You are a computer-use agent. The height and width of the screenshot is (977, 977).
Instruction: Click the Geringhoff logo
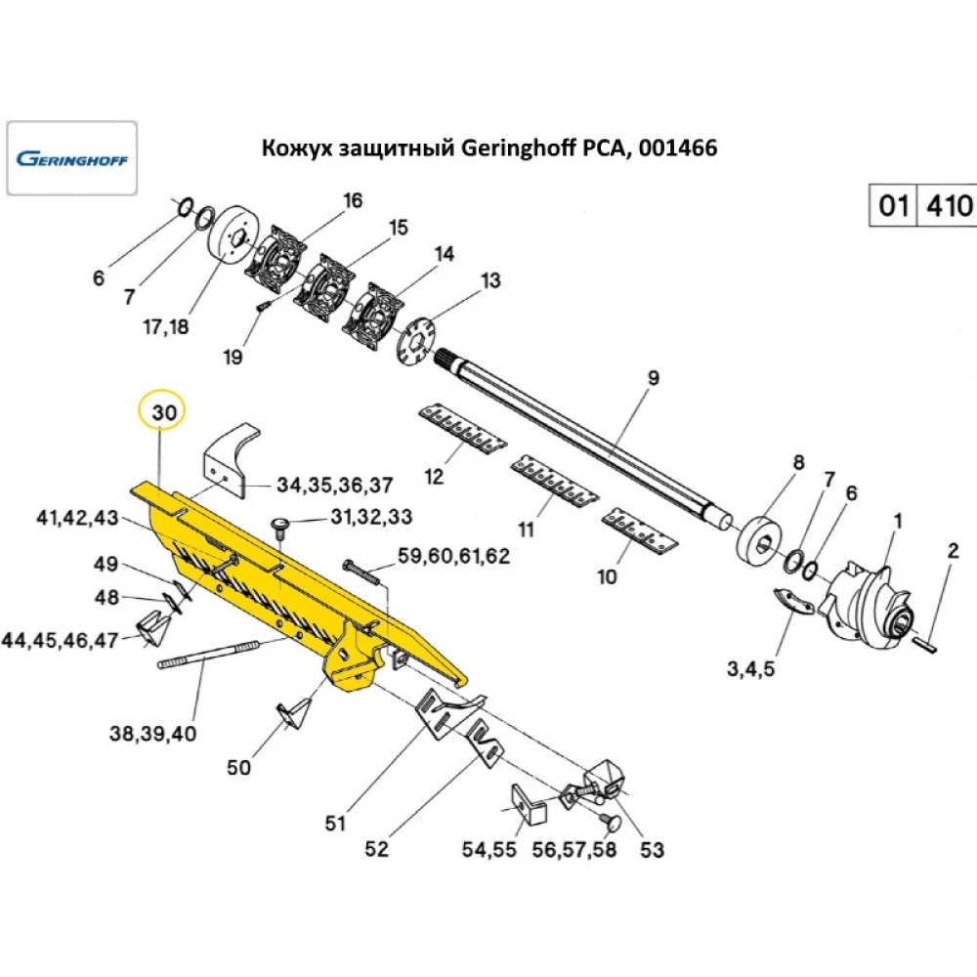(72, 157)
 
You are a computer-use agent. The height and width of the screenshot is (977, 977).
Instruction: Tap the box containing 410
(947, 206)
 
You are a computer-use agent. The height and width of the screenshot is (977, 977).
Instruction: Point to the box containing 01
(893, 206)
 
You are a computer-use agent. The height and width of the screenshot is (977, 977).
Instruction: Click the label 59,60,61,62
(453, 556)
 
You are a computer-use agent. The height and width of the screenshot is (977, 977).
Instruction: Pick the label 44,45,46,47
(60, 640)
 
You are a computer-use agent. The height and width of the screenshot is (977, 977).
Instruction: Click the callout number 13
(489, 281)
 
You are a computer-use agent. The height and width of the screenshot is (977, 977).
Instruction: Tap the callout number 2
(954, 551)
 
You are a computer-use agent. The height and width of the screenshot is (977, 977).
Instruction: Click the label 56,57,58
(574, 849)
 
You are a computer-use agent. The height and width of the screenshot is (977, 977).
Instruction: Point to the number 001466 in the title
(677, 149)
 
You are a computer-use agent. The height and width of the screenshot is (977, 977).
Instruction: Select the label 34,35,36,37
(335, 485)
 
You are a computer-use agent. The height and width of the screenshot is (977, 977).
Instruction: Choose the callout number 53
(651, 850)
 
